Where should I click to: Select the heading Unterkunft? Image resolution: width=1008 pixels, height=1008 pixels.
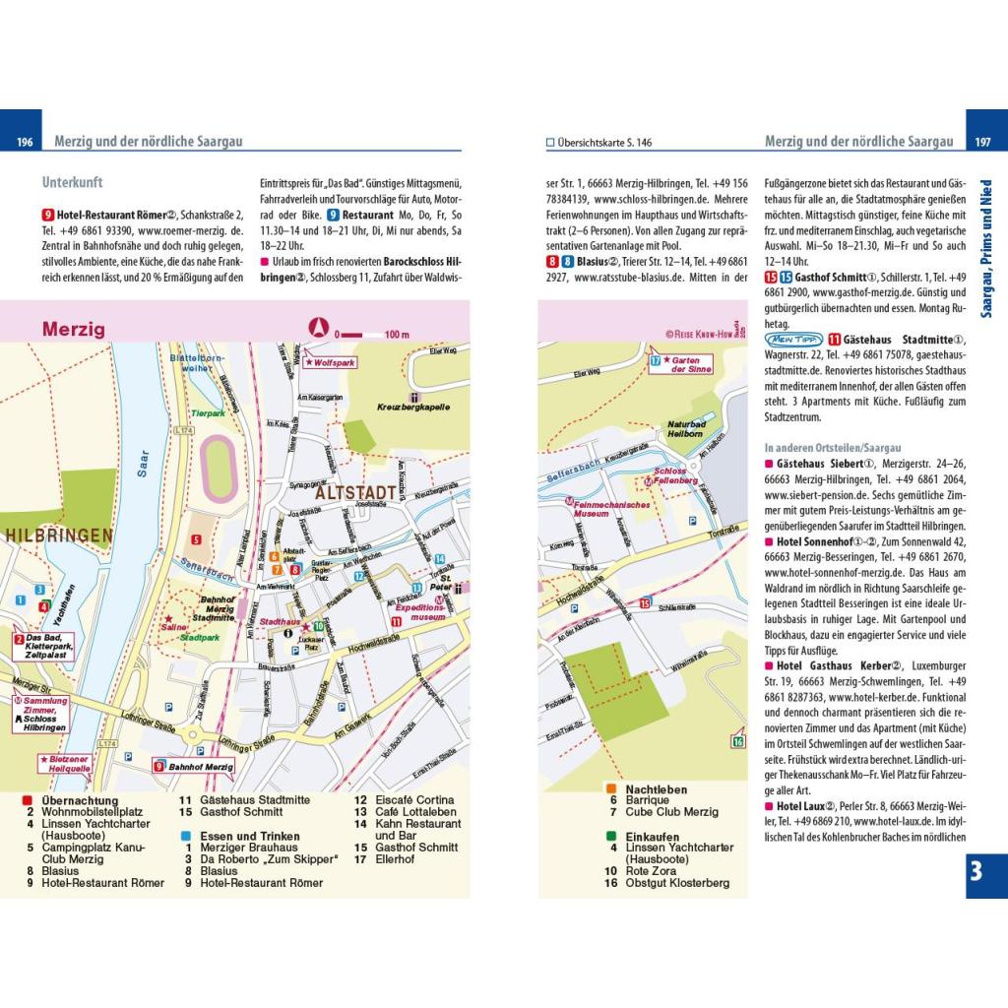coord(73,182)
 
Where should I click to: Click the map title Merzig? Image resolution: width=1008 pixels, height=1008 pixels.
coord(74,330)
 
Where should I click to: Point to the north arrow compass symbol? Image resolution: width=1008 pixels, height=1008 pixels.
coord(318,329)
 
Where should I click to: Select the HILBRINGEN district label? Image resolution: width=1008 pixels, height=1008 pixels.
coord(59,535)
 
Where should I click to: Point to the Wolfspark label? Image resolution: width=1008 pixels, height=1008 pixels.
coord(331,362)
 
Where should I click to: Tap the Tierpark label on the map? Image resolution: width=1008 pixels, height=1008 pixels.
coord(208,413)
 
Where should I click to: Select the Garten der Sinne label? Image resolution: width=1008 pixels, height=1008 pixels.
coord(691,365)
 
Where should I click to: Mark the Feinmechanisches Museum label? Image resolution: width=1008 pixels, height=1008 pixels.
coord(610,509)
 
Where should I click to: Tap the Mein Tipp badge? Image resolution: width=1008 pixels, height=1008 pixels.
coord(790,339)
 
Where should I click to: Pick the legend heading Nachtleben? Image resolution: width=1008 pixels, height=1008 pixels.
coord(656,789)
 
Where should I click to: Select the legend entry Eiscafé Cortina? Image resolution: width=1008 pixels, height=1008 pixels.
coord(405,800)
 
